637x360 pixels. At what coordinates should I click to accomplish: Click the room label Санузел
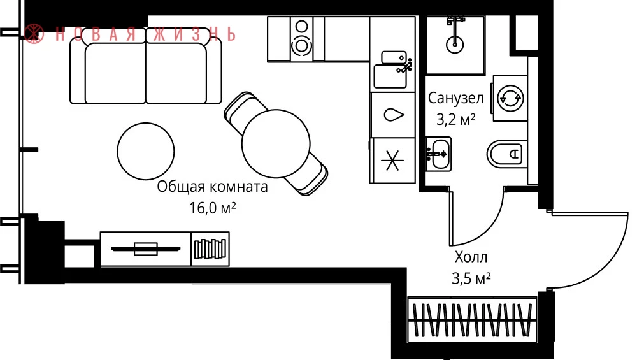(455, 98)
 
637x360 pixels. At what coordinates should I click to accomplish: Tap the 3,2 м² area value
(455, 119)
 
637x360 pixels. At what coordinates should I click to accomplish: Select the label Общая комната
(213, 187)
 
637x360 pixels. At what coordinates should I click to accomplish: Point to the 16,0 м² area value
(213, 208)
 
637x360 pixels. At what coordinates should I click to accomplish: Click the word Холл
(471, 257)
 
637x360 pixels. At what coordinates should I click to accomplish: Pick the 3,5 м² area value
(471, 278)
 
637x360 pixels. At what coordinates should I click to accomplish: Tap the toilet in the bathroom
(506, 154)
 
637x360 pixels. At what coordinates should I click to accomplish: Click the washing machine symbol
(510, 98)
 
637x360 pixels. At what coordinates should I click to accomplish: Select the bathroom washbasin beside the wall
(438, 154)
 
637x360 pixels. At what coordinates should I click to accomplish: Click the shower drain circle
(455, 43)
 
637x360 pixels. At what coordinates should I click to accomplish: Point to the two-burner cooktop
(301, 39)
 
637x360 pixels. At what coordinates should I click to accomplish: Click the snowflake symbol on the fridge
(392, 161)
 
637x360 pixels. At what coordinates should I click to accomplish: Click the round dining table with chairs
(276, 143)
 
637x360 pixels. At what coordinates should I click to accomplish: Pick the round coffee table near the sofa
(146, 151)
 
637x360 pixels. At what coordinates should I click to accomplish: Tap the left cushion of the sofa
(115, 73)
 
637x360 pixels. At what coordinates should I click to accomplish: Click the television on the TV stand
(145, 248)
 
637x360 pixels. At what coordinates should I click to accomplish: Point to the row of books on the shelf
(210, 249)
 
